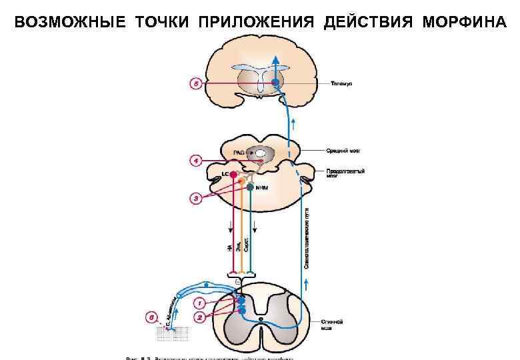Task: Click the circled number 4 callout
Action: click(195, 161)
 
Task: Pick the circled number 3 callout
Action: click(196, 199)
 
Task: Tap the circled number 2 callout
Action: click(199, 317)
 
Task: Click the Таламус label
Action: click(341, 83)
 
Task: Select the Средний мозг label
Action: click(344, 151)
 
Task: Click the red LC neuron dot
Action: click(233, 176)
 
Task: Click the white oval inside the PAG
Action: click(260, 153)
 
